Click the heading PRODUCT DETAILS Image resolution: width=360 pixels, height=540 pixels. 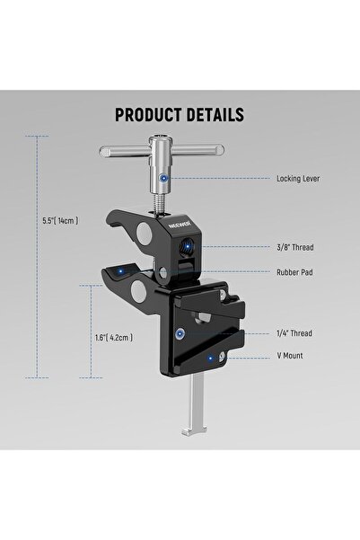[x=180, y=115]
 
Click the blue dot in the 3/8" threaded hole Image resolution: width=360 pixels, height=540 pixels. [x=187, y=244]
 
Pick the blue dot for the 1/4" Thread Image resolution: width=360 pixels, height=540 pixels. [x=182, y=332]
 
